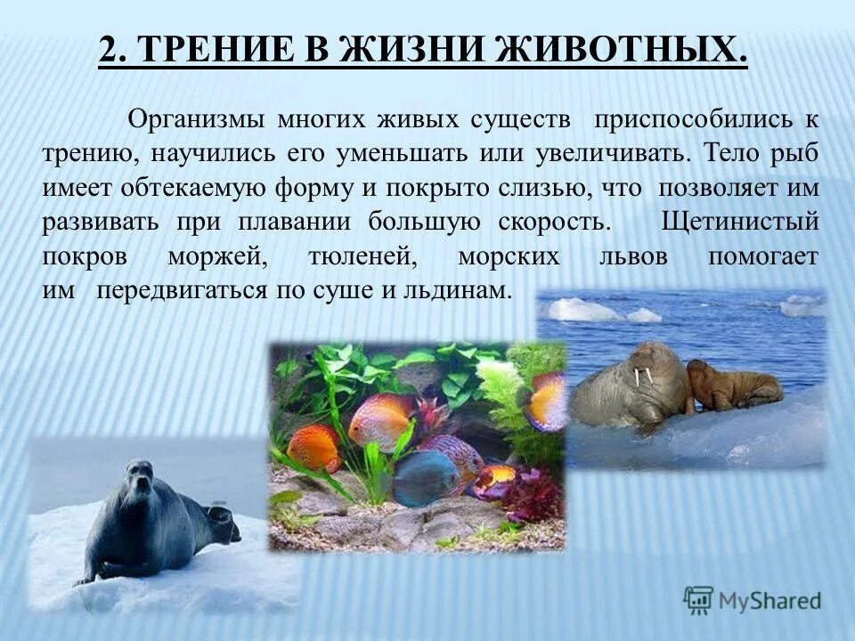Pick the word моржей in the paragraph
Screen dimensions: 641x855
pos(218,256)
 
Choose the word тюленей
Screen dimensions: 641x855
pos(364,256)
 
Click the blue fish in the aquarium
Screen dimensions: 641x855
pos(425,477)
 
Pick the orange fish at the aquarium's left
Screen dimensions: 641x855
pos(313,448)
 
